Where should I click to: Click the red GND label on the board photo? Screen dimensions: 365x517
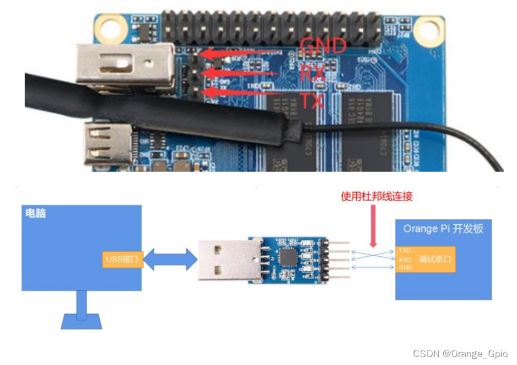point(323,46)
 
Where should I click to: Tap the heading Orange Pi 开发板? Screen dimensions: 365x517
point(443,228)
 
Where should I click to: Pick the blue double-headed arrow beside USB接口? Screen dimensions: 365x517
point(171,260)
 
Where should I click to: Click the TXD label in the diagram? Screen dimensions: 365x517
point(405,250)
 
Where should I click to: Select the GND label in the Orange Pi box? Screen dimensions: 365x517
point(405,267)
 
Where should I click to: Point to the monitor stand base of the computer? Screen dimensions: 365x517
point(81,320)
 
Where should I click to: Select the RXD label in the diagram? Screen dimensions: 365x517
point(405,259)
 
